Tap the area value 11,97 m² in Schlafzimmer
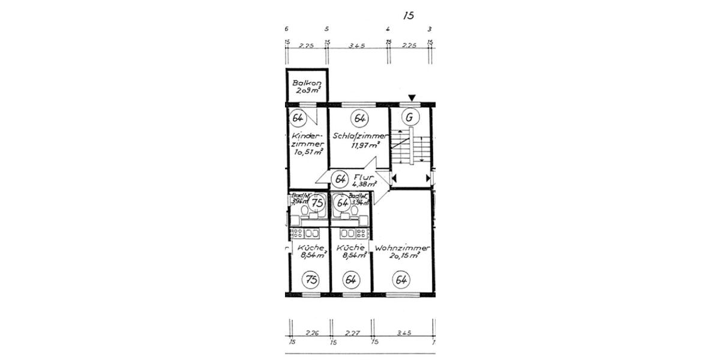point(365,145)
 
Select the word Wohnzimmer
point(402,248)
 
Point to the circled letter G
point(410,118)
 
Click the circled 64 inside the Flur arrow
point(340,179)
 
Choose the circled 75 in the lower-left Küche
point(311,278)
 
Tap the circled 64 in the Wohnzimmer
point(401,278)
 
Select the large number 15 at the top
point(409,16)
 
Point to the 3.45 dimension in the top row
point(358,45)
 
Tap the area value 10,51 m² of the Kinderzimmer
point(309,152)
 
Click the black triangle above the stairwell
point(412,98)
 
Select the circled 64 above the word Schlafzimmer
point(360,118)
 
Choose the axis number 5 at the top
point(326,29)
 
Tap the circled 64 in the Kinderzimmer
point(298,118)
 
